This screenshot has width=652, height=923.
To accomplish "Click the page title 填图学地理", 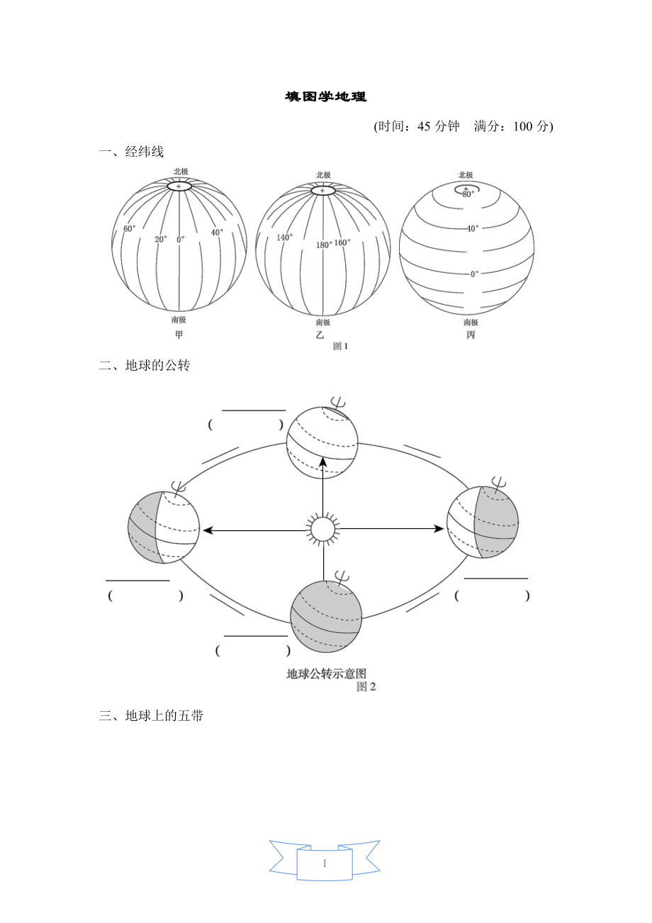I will pos(326,97).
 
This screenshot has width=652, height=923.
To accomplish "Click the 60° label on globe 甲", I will pos(129,229).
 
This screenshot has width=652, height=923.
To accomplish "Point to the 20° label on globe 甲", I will pos(161,240).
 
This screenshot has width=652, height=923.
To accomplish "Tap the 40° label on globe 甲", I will pos(217,232).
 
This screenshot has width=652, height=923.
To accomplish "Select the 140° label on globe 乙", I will pos(284,237).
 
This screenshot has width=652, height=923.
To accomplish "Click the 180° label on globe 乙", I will pos(324,245).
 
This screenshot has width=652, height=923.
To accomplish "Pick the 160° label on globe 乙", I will pos(342,242).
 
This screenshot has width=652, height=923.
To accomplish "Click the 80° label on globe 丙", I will pos(468,194).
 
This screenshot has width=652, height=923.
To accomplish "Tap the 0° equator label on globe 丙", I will pos(474,273).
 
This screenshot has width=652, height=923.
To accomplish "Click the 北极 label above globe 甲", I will pos(181,172).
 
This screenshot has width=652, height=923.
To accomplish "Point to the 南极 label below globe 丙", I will pos(466,322).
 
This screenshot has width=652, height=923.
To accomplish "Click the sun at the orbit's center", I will pos(322,529).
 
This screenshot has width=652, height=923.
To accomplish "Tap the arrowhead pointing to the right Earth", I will pos(439,529).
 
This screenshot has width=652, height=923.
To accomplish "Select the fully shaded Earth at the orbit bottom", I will pos(326,615).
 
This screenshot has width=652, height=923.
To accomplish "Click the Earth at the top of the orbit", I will pos(322,443).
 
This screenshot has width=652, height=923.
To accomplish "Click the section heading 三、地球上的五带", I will pos(152,716).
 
